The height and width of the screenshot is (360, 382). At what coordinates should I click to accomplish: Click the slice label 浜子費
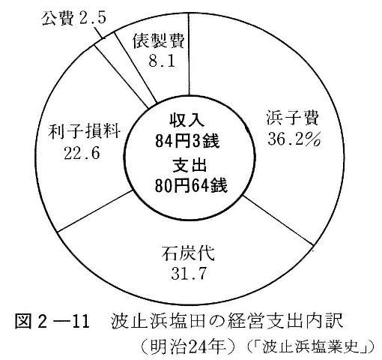click(x=292, y=118)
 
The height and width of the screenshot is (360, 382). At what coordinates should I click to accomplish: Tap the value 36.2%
click(x=294, y=139)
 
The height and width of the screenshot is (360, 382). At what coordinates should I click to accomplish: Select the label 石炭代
click(x=188, y=253)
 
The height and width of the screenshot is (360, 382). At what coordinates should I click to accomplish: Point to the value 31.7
click(x=189, y=274)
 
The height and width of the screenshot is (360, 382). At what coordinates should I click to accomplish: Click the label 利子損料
click(x=85, y=131)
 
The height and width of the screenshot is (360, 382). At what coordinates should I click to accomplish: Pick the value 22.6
click(x=82, y=153)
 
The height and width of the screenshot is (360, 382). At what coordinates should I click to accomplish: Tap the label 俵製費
click(x=159, y=41)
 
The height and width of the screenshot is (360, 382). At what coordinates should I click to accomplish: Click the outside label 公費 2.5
click(x=73, y=18)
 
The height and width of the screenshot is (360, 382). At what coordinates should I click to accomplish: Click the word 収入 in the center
click(x=187, y=120)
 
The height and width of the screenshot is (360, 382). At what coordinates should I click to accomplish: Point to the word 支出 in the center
click(x=190, y=165)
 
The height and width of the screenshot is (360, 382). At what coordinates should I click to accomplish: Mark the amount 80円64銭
click(x=191, y=185)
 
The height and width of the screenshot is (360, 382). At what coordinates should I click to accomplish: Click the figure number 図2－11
click(x=52, y=321)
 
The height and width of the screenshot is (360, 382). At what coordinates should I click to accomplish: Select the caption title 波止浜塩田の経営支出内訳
click(x=227, y=321)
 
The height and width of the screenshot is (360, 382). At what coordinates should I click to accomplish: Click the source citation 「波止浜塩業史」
click(x=310, y=347)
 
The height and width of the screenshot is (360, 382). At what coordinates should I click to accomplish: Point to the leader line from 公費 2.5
click(x=99, y=31)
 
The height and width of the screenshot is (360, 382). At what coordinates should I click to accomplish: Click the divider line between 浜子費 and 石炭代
click(x=278, y=220)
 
